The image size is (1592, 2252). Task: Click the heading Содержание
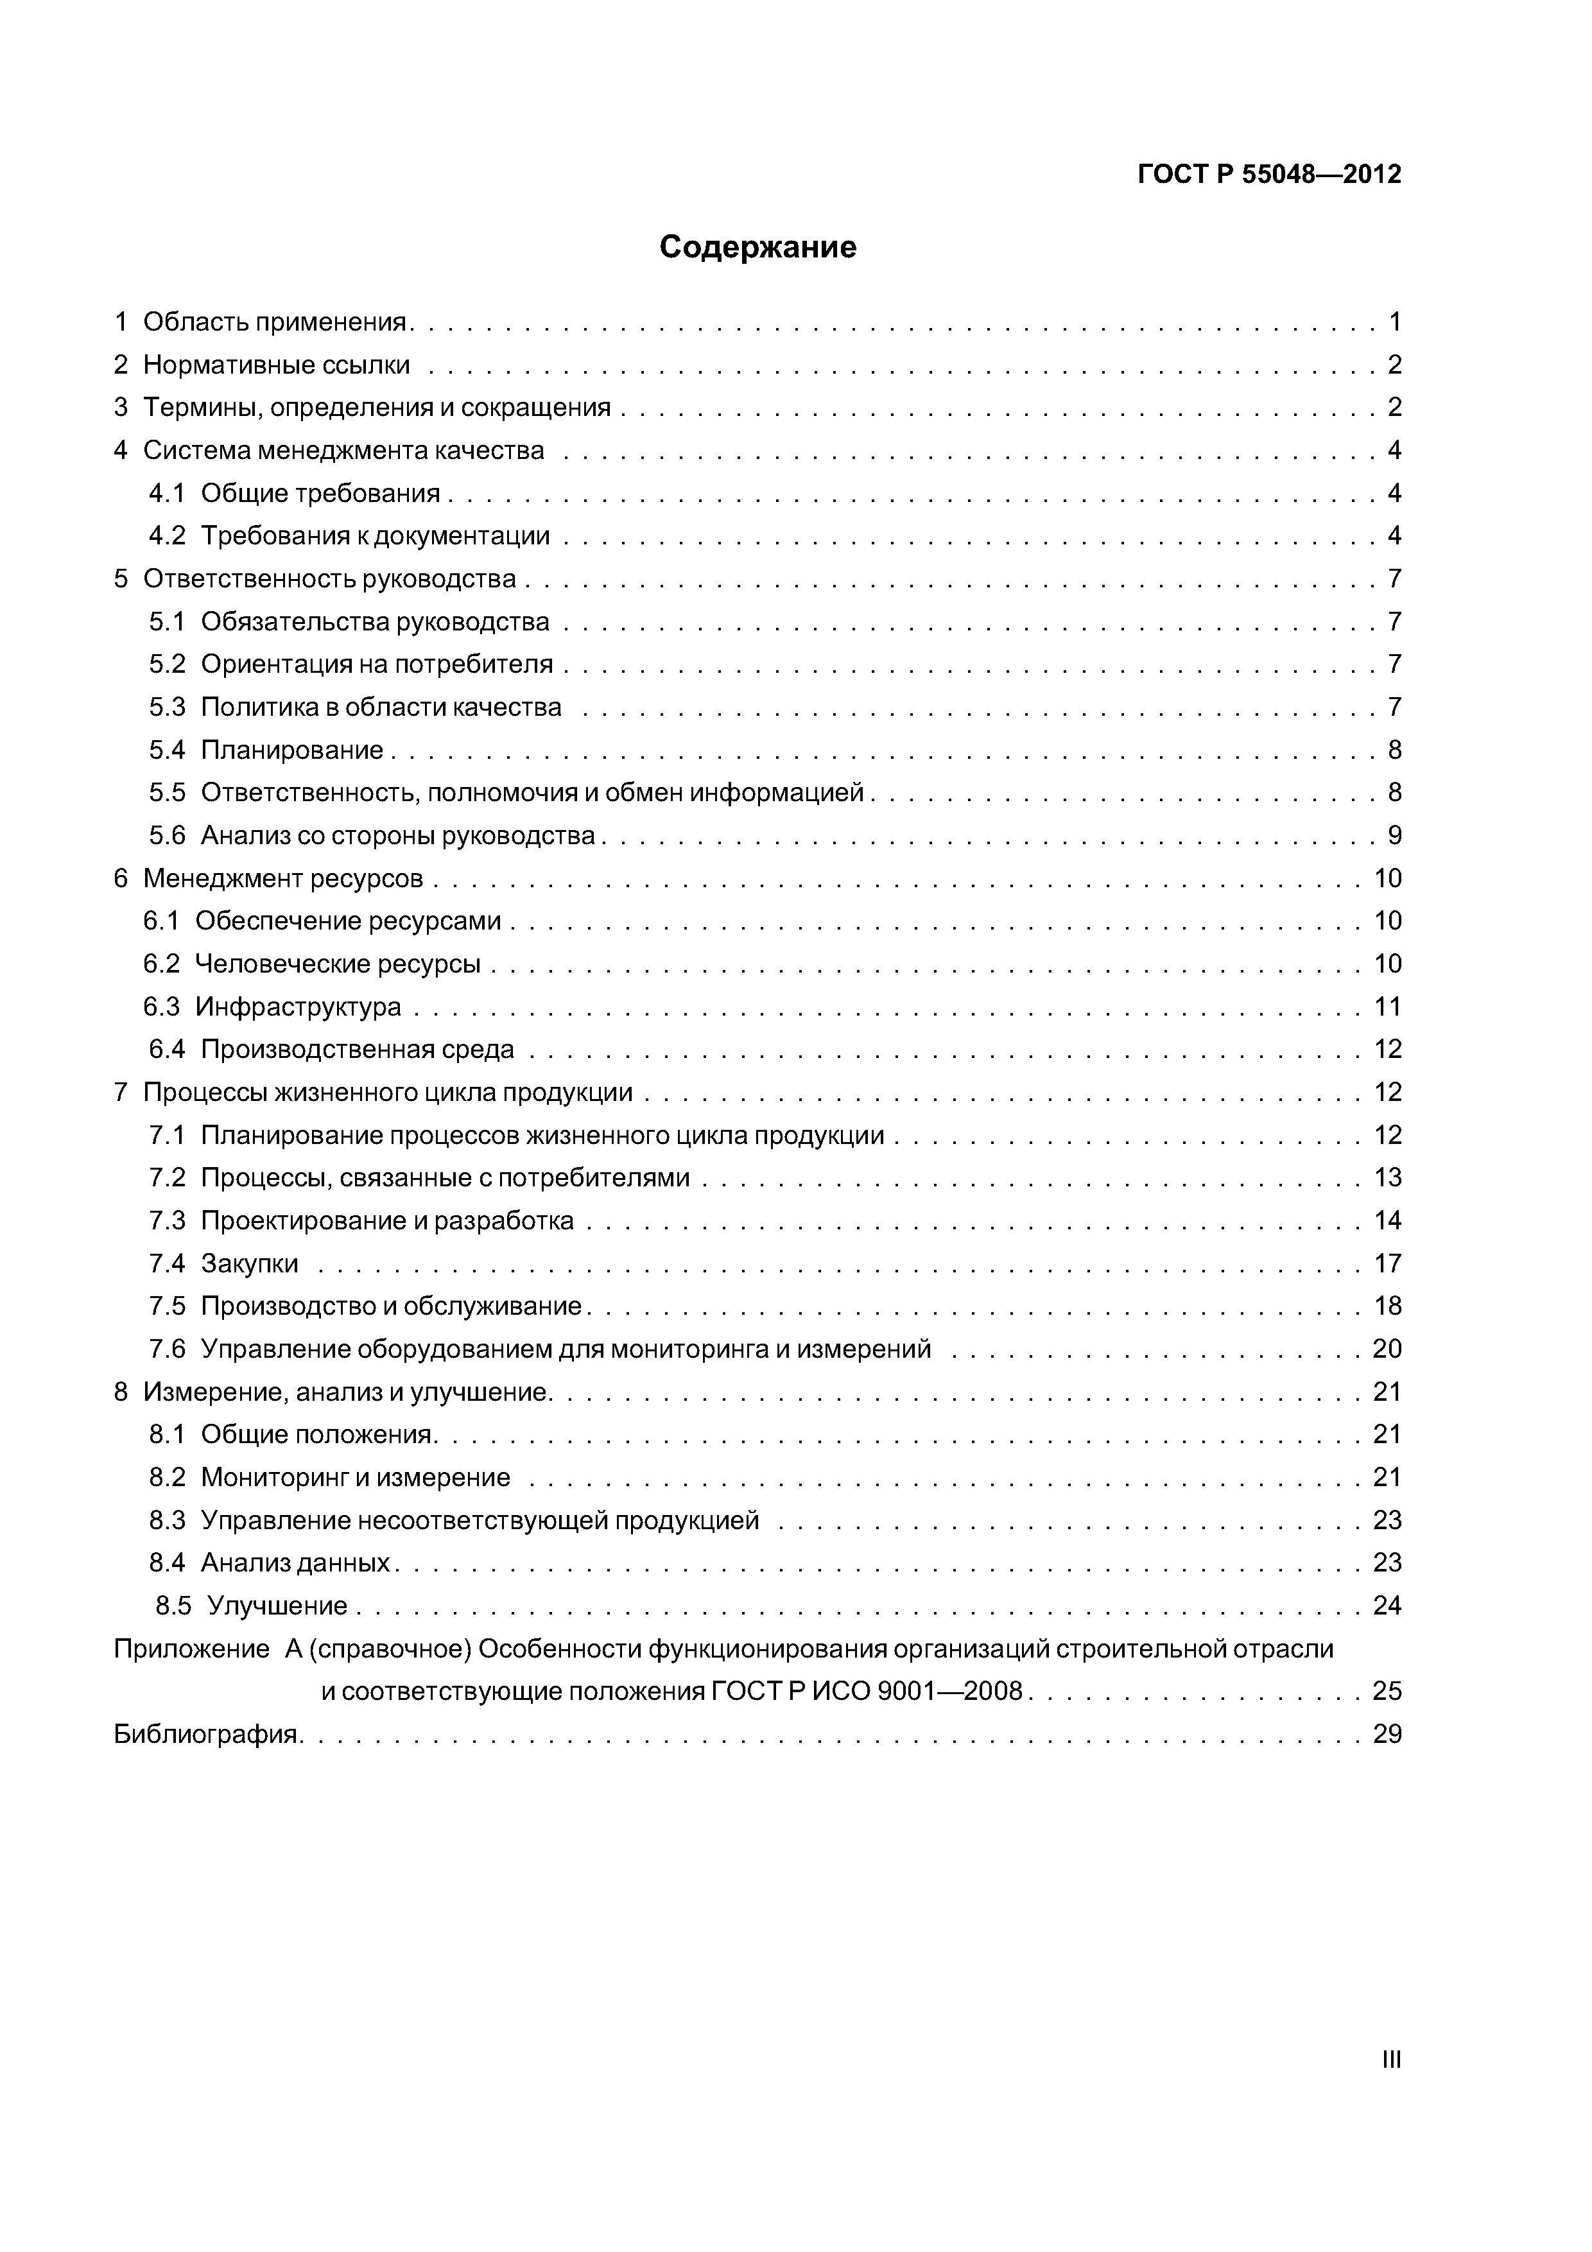pyautogui.click(x=757, y=247)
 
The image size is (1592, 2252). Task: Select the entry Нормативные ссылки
pyautogui.click(x=277, y=365)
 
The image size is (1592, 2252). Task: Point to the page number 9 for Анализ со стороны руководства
pyautogui.click(x=1394, y=836)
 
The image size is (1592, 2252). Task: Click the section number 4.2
pyautogui.click(x=167, y=535)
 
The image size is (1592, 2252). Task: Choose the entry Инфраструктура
pyautogui.click(x=298, y=1007)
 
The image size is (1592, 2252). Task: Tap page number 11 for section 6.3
pyautogui.click(x=1387, y=1007)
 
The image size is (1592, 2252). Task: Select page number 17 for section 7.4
pyautogui.click(x=1387, y=1263)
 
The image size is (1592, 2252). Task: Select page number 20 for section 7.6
pyautogui.click(x=1387, y=1349)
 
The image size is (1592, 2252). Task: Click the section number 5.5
pyautogui.click(x=167, y=793)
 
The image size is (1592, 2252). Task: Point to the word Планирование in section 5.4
pyautogui.click(x=292, y=750)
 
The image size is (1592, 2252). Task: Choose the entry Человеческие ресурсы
pyautogui.click(x=338, y=964)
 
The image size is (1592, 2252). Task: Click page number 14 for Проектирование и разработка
pyautogui.click(x=1387, y=1220)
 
